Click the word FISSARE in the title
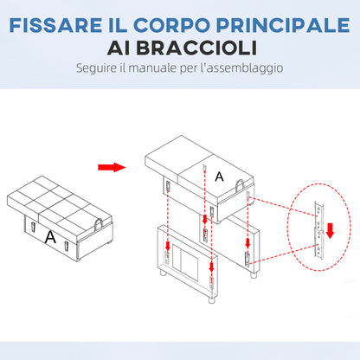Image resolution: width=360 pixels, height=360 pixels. (55, 25)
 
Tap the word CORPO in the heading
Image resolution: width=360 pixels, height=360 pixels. (171, 25)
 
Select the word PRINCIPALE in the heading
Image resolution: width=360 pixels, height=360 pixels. (283, 25)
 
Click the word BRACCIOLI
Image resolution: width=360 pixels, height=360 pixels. (196, 48)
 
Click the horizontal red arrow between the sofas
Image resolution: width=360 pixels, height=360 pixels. (112, 167)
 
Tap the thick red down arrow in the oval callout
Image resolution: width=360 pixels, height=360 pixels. (330, 230)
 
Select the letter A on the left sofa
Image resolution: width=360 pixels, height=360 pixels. (50, 237)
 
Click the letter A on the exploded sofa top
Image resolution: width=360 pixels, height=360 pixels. (219, 177)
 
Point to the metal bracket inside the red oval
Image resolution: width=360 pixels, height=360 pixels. (318, 229)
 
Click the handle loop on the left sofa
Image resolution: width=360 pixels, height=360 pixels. (99, 223)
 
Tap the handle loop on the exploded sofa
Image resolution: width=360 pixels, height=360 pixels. (241, 185)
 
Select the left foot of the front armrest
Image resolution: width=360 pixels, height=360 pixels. (164, 273)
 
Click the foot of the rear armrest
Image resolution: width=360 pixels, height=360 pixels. (254, 274)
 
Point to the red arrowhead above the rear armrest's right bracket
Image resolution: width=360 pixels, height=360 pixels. (247, 243)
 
